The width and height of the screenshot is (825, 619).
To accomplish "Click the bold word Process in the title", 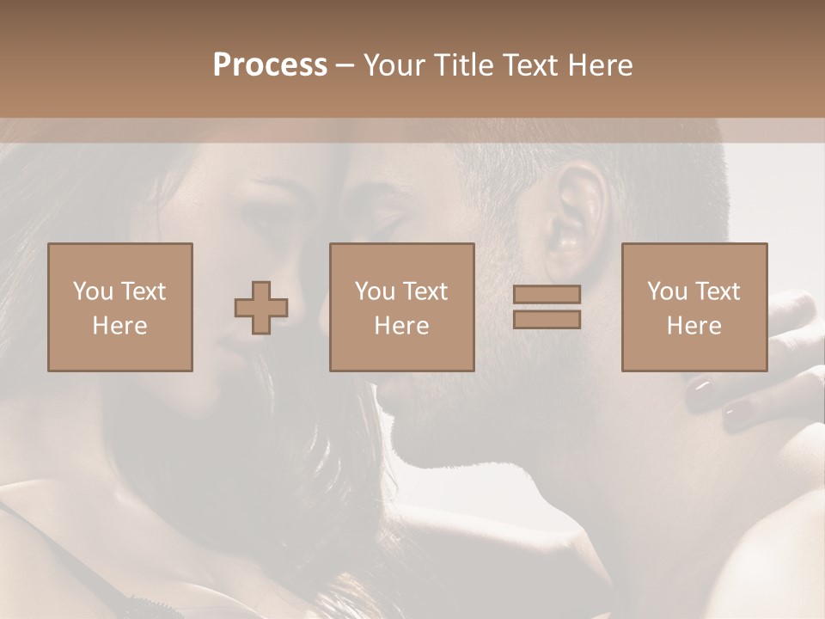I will coord(270,65).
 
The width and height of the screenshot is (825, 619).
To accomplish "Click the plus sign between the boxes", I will coord(261,307).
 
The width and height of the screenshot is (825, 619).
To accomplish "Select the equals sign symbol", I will coord(547,307).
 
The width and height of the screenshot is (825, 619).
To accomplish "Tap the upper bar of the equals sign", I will coord(547,295).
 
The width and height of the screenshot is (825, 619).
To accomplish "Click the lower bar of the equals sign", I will coord(547,319).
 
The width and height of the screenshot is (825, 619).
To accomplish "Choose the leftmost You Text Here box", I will coord(120,307).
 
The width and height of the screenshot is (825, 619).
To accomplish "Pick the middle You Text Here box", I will coord(401,307).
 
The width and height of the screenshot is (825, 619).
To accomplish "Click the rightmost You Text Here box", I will coord(694,307).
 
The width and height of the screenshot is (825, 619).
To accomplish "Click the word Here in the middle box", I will coord(401,325).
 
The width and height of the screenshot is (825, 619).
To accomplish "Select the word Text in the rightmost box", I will coord(718,291).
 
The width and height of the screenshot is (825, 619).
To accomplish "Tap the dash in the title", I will coord(345,66).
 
